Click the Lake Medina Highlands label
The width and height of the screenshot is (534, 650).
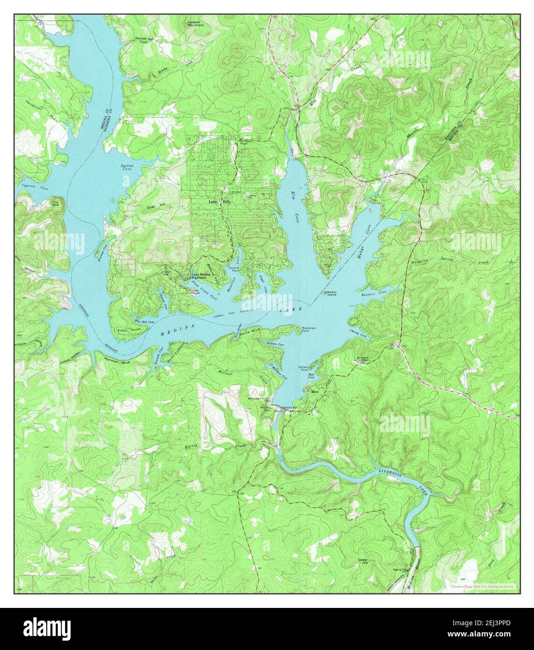[202, 276]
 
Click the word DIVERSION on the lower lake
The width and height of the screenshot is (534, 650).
[390, 473]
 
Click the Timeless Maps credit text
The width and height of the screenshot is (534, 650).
[482, 585]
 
